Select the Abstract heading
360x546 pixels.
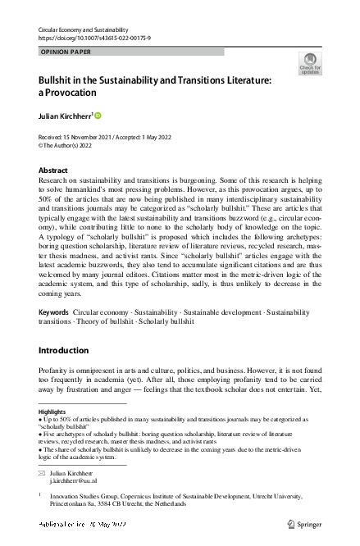[x=54, y=171]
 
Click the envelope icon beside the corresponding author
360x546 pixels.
[x=43, y=475]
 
